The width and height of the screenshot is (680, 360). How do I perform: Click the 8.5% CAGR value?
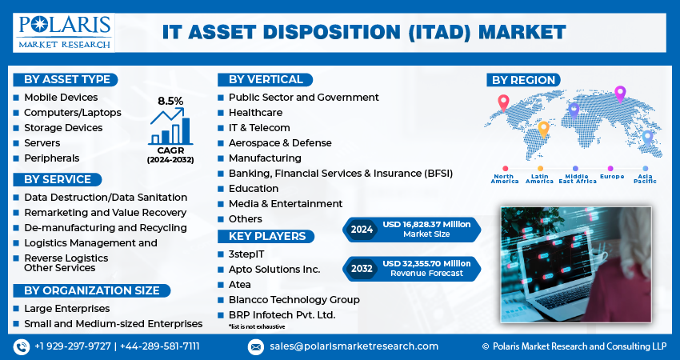[170, 101]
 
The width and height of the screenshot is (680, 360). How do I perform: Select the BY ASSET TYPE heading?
[67, 79]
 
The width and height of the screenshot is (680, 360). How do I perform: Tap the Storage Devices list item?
[63, 127]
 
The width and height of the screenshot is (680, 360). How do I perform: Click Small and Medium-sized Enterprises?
[113, 323]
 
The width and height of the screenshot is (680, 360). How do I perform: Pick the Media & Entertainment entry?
[285, 203]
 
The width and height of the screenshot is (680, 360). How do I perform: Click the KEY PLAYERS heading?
[266, 236]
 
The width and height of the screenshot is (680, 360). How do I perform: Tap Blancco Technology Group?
[294, 299]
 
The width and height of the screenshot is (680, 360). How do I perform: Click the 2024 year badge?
[361, 230]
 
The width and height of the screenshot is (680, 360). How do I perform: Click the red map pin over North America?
[503, 102]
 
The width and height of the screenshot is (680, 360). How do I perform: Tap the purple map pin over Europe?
[619, 94]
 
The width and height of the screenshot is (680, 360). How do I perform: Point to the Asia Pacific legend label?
[645, 178]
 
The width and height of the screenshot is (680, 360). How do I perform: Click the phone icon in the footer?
[21, 346]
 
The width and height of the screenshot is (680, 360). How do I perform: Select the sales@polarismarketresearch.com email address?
[354, 346]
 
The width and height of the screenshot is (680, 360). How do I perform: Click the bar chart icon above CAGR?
[170, 126]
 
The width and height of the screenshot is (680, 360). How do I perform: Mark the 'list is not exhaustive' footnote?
[256, 326]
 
